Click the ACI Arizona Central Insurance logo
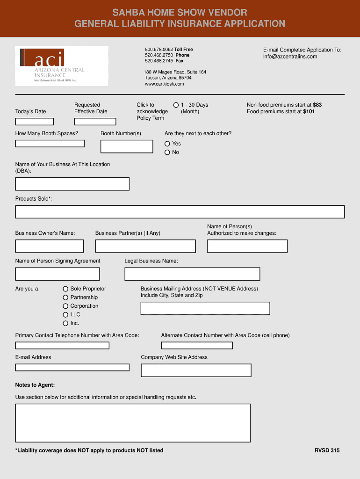click(61, 66)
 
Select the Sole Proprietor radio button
click(66, 289)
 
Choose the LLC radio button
click(66, 315)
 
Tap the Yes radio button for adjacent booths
click(167, 144)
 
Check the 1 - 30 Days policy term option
click(176, 105)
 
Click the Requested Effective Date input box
click(95, 122)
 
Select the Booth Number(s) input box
click(127, 146)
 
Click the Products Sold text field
click(180, 212)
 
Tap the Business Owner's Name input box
click(49, 246)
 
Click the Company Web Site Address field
click(196, 370)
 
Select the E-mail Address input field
click(72, 367)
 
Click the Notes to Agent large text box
click(133, 423)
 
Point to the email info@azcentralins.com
click(290, 57)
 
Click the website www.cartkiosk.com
click(164, 84)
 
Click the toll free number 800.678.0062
click(159, 50)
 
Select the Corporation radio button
click(66, 306)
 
